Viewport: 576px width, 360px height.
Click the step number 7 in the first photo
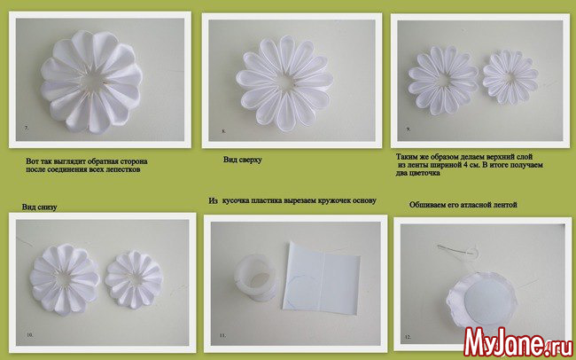[27, 128]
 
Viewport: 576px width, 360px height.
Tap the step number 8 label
[223, 131]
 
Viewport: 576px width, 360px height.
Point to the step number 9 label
[409, 129]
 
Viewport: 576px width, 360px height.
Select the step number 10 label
[30, 335]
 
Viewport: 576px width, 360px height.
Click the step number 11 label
[222, 335]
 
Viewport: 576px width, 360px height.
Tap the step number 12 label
[408, 337]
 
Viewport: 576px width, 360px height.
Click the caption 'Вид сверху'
[243, 160]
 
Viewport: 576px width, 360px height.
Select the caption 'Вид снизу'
[39, 207]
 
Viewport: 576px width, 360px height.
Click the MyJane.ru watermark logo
[518, 343]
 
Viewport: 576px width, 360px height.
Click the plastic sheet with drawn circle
[320, 278]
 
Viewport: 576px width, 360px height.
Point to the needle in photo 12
[454, 249]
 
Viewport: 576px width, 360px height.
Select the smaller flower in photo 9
[510, 78]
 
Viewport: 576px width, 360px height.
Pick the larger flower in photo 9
[444, 80]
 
